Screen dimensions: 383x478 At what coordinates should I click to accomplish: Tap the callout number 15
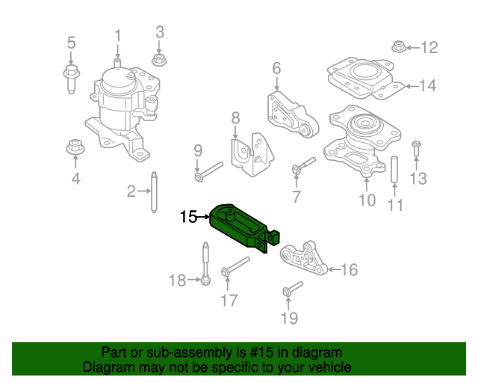(188, 217)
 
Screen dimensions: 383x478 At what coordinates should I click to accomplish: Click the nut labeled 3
(158, 59)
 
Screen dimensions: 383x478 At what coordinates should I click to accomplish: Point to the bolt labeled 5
(71, 78)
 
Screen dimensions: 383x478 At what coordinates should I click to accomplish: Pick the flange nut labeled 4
(75, 147)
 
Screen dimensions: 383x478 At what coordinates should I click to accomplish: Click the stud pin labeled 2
(154, 192)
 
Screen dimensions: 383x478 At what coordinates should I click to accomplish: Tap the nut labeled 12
(399, 48)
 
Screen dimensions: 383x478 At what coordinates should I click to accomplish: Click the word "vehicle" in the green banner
(326, 367)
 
